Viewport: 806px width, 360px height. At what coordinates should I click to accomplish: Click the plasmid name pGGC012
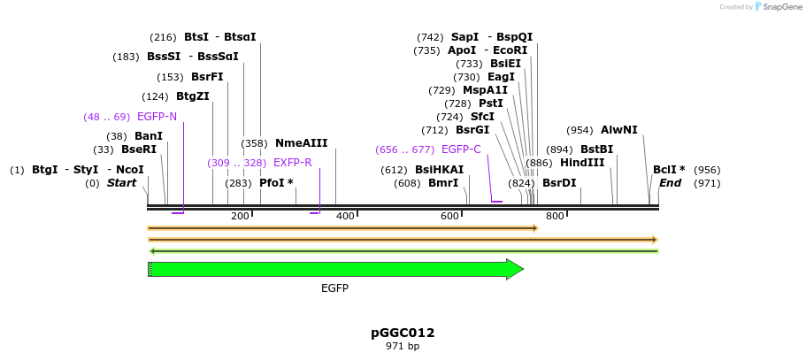(x=403, y=333)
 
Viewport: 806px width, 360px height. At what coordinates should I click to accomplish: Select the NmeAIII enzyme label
(x=301, y=143)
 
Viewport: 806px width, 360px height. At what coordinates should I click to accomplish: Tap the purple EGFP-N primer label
(x=157, y=117)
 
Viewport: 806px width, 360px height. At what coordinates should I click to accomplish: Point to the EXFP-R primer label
(x=292, y=163)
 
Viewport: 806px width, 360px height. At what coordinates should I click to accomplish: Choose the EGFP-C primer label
(x=461, y=149)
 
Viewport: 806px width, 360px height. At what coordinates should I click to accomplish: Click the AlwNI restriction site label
(x=618, y=130)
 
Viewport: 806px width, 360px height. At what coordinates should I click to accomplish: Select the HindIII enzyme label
(x=582, y=163)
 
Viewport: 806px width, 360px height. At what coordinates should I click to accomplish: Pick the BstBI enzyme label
(x=596, y=149)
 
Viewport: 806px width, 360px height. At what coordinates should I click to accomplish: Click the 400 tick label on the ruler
(x=345, y=217)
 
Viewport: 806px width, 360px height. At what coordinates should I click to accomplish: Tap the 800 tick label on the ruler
(x=555, y=217)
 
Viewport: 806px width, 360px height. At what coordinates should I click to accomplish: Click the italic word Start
(x=122, y=183)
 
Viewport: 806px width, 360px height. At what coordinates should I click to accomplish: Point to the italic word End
(x=670, y=183)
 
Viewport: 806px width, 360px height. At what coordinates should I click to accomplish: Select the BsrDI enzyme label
(x=558, y=183)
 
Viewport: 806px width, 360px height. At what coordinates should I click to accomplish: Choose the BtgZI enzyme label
(x=192, y=96)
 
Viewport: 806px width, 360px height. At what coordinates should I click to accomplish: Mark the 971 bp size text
(x=403, y=346)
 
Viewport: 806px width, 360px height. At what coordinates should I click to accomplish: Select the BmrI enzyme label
(x=443, y=183)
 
